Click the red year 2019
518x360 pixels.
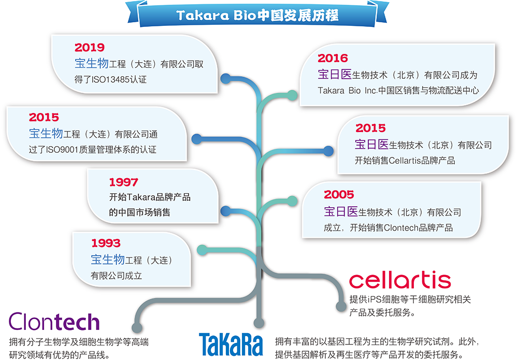coord(90,48)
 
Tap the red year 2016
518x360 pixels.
coord(333,59)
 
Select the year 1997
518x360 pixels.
coord(124,182)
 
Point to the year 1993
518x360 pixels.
coord(106,243)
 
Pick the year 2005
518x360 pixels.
coord(339,195)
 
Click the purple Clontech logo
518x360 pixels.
coord(54,322)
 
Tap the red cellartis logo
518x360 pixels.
coord(400,280)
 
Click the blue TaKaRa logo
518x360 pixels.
coord(231,345)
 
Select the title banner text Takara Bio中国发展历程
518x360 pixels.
coord(257,16)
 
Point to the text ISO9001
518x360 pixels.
coord(62,150)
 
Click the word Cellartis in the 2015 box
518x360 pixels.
coord(405,161)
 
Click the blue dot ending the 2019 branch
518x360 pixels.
coord(226,79)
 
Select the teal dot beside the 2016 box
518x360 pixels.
coord(292,95)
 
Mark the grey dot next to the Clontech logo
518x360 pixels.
coord(137,327)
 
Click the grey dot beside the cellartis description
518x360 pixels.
coord(341,306)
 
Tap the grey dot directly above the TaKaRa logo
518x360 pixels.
coord(259,323)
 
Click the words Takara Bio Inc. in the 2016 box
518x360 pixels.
coord(348,91)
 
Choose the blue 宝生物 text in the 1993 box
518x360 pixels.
coord(108,260)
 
